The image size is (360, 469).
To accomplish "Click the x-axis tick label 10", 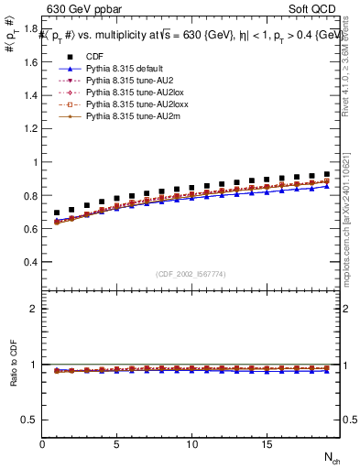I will point(191,444).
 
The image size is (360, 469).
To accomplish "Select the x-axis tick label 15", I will point(266,444).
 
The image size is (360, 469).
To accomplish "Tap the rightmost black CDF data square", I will point(326,173).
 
